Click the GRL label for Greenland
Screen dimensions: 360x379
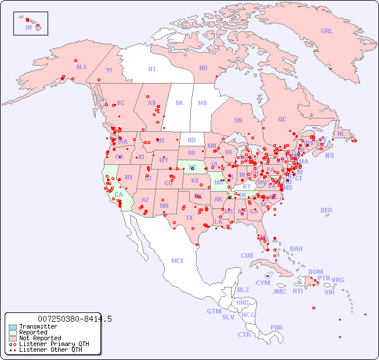coord(327,31)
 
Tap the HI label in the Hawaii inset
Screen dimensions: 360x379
coord(28,27)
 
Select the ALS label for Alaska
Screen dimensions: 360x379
coord(81,67)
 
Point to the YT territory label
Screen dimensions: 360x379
coord(109,70)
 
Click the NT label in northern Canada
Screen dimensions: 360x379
coord(151,69)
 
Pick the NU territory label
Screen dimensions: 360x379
coord(203,68)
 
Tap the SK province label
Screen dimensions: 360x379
coord(179,103)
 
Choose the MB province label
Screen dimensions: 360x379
coord(203,103)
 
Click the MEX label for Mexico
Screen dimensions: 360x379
coord(178,261)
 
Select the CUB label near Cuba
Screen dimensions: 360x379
coord(247,255)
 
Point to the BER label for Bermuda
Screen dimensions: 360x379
coord(326,210)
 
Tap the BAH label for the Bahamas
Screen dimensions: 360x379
coord(296,249)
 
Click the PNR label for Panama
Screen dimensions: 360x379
coord(277,327)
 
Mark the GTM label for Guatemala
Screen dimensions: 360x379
coord(214,311)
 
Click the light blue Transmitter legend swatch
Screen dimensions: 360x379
coord(13,327)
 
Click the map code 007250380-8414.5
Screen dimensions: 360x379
coord(75,319)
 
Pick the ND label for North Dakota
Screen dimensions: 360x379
coord(192,140)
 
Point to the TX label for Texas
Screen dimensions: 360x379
coord(189,218)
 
